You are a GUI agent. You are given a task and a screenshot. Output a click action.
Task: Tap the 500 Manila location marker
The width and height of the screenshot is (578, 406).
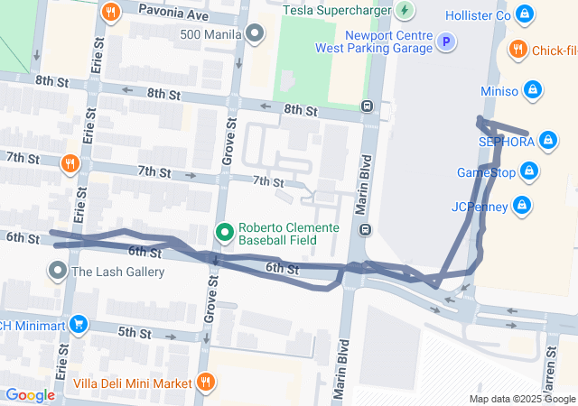click(256, 34)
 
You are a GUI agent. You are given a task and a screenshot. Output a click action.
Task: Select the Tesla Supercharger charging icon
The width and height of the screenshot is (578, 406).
click(405, 11)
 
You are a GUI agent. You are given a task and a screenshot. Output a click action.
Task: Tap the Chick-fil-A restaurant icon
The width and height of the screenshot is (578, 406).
click(518, 50)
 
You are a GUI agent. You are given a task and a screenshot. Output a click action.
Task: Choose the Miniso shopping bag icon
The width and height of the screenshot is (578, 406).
click(533, 90)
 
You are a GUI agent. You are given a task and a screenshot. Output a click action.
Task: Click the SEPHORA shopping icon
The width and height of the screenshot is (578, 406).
click(547, 140)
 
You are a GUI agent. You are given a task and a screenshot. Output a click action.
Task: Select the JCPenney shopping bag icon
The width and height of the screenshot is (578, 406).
click(520, 206)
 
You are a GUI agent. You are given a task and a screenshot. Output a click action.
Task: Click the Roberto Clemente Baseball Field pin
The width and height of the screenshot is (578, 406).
click(225, 233)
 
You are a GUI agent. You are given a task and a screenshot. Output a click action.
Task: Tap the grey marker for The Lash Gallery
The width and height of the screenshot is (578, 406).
click(59, 271)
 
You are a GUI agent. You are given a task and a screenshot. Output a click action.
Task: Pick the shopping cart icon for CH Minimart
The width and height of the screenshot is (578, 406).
click(79, 324)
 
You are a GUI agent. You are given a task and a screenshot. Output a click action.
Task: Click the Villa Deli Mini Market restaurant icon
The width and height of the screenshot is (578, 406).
click(206, 383)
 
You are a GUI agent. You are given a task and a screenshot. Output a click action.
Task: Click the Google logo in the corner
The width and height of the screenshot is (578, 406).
click(30, 394)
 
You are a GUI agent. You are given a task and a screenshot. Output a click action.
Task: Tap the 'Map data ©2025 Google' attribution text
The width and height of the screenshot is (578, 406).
click(521, 399)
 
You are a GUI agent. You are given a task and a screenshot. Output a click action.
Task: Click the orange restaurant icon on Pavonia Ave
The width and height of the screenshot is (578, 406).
click(111, 12)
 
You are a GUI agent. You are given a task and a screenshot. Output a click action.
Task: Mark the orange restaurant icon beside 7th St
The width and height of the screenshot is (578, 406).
click(70, 163)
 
